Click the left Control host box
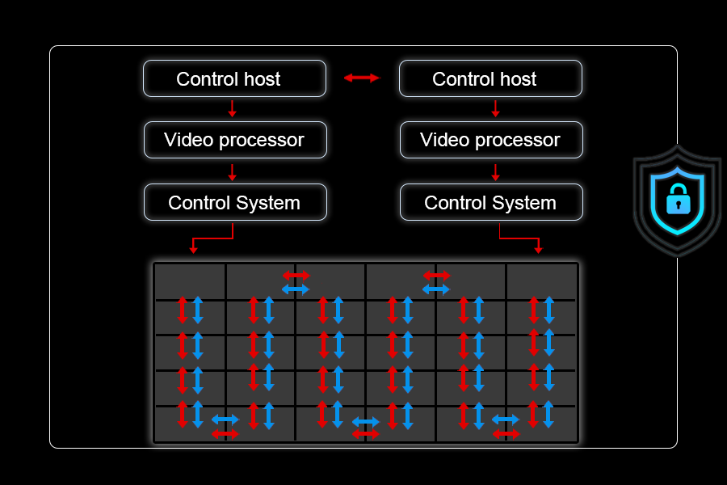coord(234,78)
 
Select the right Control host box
coord(490,78)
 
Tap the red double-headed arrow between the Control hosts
coord(362,78)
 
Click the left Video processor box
coord(235,140)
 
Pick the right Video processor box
coord(491,140)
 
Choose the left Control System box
coord(235,202)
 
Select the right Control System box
coord(491,202)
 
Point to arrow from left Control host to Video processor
coord(233,108)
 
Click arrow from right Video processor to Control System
coord(495,171)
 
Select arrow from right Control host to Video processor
coord(495,108)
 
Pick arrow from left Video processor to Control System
coord(233,171)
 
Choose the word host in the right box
coord(517,79)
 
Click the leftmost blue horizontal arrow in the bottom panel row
coord(225,419)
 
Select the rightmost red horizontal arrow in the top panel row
coord(436,276)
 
